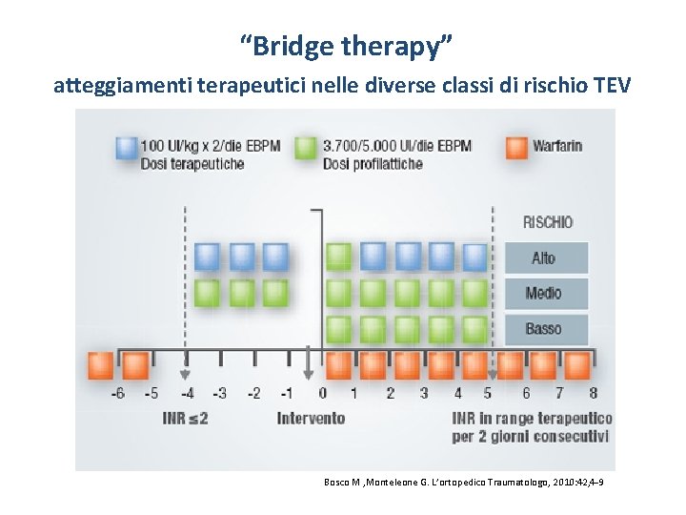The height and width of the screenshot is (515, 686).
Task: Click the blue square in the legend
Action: pyautogui.click(x=126, y=148)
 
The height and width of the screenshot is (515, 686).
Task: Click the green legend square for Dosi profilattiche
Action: pyautogui.click(x=306, y=148)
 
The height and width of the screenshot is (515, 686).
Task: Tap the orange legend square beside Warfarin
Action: pyautogui.click(x=517, y=148)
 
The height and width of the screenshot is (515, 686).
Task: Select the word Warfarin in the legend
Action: pyautogui.click(x=558, y=147)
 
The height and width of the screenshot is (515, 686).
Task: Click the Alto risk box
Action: pyautogui.click(x=544, y=258)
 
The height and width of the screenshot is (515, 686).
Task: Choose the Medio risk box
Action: pyautogui.click(x=544, y=294)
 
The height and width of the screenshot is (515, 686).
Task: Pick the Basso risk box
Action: pyautogui.click(x=544, y=329)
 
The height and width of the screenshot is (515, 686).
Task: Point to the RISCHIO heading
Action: pyautogui.click(x=547, y=222)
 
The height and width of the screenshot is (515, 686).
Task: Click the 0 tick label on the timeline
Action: pyautogui.click(x=322, y=393)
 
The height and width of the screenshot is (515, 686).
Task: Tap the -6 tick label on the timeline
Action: pyautogui.click(x=117, y=393)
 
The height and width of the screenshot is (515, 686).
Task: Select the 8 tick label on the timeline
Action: pyautogui.click(x=593, y=393)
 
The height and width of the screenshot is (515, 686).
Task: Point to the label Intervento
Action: pyautogui.click(x=311, y=418)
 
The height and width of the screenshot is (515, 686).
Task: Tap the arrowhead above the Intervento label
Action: pyautogui.click(x=307, y=375)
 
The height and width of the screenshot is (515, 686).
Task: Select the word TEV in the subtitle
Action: pyautogui.click(x=610, y=86)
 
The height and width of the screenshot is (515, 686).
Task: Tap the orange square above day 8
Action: pyautogui.click(x=576, y=364)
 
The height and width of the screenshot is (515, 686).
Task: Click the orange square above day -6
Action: pyautogui.click(x=101, y=364)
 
